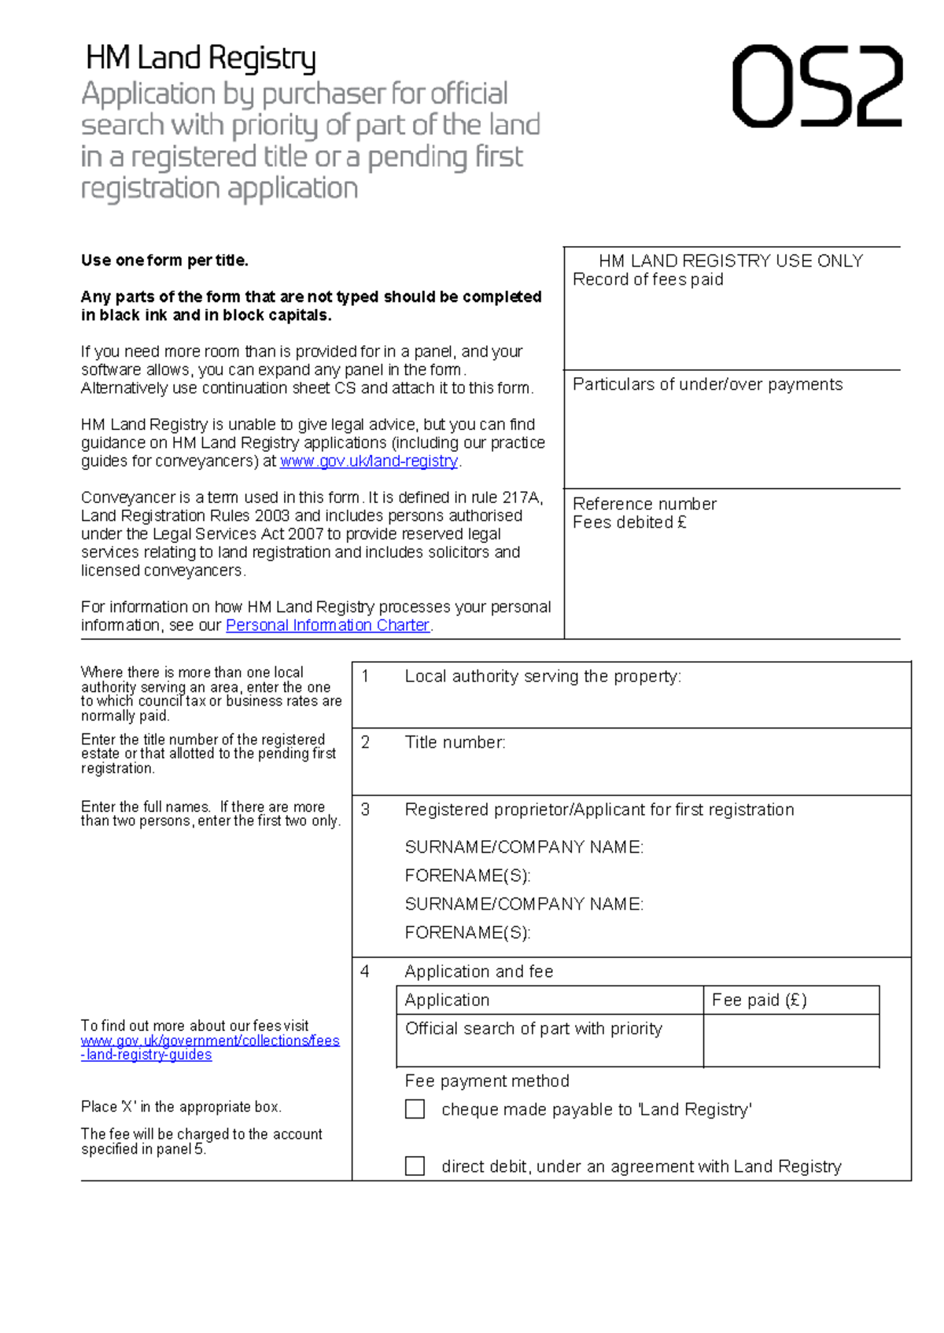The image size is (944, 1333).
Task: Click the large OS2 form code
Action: pos(817,86)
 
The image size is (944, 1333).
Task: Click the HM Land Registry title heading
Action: pos(201,59)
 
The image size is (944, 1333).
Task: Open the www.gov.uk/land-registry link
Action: pos(369,461)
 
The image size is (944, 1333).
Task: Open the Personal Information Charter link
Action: pos(327,626)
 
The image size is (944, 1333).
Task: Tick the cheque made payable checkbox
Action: pos(415,1109)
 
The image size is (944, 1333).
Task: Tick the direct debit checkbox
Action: pos(415,1166)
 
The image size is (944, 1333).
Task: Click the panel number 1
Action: pos(365,676)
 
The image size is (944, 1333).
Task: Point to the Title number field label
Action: pos(455,743)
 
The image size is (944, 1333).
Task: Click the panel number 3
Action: pos(365,810)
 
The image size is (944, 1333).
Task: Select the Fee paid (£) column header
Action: pos(759,1000)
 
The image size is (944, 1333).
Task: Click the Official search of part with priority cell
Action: pos(533,1029)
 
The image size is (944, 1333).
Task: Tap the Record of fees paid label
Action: pos(647,280)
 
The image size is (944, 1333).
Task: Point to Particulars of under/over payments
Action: pos(707,384)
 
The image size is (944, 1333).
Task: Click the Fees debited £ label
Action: pos(629,523)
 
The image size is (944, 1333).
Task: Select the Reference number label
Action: pos(644,504)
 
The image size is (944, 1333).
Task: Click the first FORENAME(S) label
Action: pos(467,876)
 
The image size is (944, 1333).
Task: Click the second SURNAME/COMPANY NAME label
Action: pos(524,904)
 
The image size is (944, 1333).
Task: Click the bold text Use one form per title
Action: pos(164,260)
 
